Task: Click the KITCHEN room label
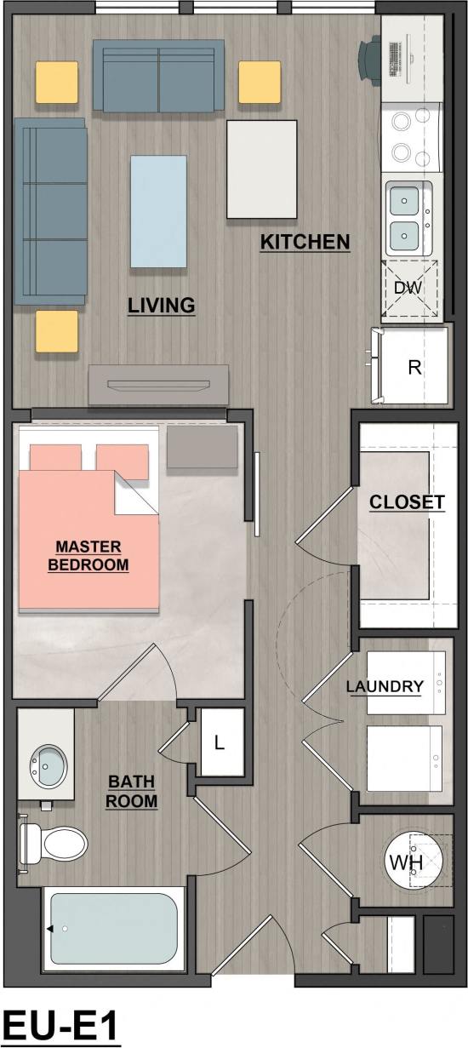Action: [305, 243]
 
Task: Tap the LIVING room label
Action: [162, 305]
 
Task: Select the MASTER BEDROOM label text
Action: [88, 555]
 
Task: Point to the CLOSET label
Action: [407, 502]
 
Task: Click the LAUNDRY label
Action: [385, 686]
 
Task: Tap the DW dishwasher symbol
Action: [409, 288]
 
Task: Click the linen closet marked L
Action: [219, 743]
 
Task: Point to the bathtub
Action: [114, 931]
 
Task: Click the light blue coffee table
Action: [158, 211]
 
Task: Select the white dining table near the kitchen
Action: [262, 169]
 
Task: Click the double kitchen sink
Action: [410, 216]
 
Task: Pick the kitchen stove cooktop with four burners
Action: [410, 137]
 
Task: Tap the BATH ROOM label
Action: [132, 791]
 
